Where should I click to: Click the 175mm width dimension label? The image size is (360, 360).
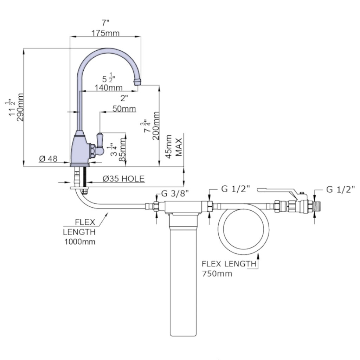[x=105, y=33]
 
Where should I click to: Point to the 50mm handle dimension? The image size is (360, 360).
[x=124, y=109]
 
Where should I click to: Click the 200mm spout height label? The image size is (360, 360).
[x=156, y=126]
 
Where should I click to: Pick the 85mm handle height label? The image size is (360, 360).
[x=122, y=149]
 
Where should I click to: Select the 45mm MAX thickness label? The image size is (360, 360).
[x=173, y=147]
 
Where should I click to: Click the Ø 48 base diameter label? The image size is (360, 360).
[x=48, y=159]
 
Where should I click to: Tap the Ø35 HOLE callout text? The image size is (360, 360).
[x=123, y=179]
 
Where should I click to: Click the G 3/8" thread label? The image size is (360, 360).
[x=175, y=193]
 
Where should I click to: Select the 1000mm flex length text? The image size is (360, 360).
[x=79, y=242]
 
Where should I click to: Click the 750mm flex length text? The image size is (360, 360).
[x=217, y=274]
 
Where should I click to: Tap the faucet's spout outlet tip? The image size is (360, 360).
[x=137, y=82]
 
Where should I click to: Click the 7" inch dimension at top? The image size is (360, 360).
[x=105, y=23]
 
